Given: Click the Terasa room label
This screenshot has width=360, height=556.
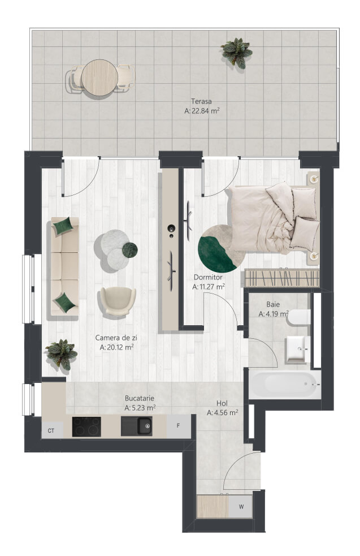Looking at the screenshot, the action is point(201,101).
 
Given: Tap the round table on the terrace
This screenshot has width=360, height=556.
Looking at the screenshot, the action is point(99,77).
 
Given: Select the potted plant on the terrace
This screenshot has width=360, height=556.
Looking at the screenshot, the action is point(236,53).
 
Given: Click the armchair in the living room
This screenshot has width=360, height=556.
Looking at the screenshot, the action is point(118,301).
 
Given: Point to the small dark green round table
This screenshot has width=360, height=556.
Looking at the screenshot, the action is point(129,249).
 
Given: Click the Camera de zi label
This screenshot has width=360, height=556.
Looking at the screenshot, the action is point(116,338).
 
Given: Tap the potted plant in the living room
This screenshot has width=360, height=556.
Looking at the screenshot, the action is point(61,354).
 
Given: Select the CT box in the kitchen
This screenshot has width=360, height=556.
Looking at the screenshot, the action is point(52,430).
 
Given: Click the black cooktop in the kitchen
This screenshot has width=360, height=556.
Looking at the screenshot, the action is point(86,426).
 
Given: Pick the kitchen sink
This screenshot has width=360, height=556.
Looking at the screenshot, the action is point(137,426).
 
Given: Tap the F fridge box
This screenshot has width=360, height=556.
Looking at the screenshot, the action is point(179,426).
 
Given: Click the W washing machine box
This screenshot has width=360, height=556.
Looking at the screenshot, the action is point(241,507).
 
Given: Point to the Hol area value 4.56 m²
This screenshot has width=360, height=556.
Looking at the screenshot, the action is point(223,412).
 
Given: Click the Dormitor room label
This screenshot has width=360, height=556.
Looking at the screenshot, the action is point(208,277).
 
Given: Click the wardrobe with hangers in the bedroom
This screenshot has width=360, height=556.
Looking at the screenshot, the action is point(282,278).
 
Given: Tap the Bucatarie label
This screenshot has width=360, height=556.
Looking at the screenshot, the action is point(139,398).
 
